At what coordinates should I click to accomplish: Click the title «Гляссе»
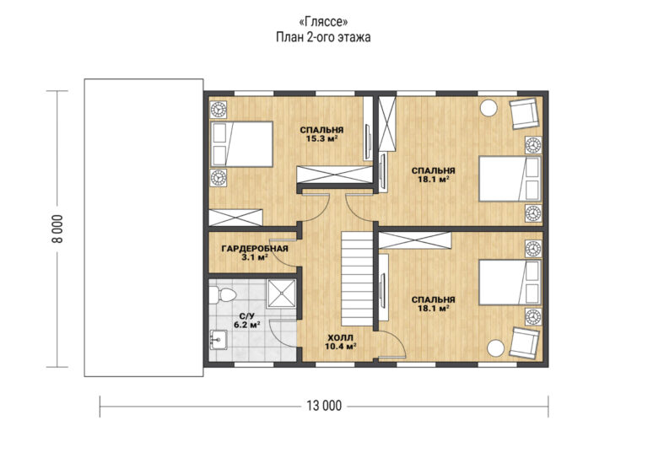pos(323,21)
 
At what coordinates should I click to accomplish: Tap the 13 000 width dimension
pos(324,406)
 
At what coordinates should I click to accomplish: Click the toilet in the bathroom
pos(223,295)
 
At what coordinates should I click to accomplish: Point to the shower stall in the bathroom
pos(281,294)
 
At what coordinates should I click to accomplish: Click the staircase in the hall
pos(357,279)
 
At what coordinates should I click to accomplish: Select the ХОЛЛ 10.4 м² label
pos(341,342)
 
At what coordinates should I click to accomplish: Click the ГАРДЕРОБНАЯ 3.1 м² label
pos(255,253)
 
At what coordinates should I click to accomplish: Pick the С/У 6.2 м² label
pos(246,321)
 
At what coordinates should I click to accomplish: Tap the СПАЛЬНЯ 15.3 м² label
pos(321,134)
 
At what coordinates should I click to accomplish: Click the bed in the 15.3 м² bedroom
pos(241,144)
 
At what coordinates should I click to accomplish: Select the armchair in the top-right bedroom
pos(525,114)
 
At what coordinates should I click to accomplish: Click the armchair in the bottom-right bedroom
pos(525,342)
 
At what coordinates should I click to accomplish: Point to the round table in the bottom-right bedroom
pos(495,348)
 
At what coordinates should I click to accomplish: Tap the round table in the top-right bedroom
pos(489,108)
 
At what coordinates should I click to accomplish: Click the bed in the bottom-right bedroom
pos(510,283)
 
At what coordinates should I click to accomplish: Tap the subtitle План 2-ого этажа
pos(323,37)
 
